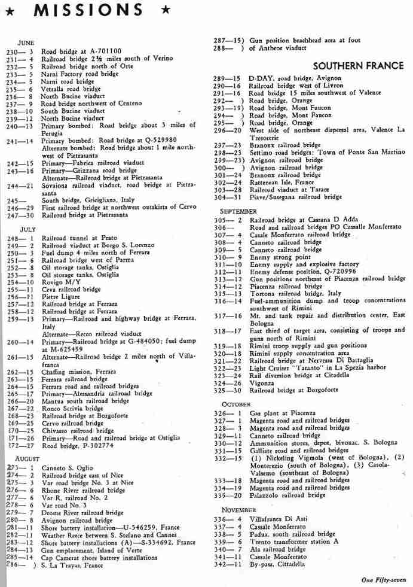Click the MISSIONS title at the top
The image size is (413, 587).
click(88, 11)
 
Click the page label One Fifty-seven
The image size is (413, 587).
click(384, 579)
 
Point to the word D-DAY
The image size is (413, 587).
click(261, 78)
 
